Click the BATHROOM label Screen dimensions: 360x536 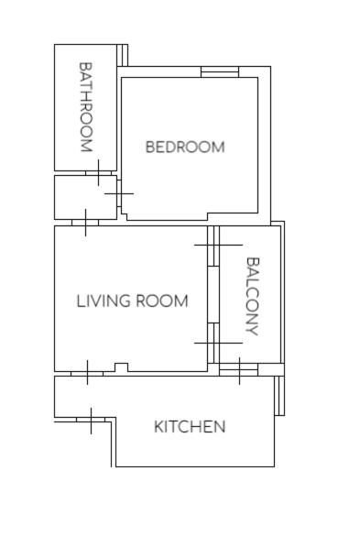click(86, 106)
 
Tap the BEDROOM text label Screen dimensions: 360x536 click(185, 147)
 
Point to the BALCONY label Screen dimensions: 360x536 click(253, 296)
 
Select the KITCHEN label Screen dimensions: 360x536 click(190, 427)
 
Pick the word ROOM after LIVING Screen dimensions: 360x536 click(162, 301)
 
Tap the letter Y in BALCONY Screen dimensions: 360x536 click(253, 330)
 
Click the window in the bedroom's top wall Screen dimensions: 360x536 click(220, 71)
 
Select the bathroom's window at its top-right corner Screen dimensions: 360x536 click(123, 55)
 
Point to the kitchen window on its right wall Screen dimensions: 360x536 click(279, 396)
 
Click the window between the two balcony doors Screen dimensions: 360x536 click(213, 295)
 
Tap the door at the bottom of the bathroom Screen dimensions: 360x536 click(98, 173)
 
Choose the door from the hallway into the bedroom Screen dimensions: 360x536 click(119, 193)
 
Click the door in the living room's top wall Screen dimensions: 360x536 click(85, 223)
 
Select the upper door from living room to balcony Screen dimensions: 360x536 click(214, 246)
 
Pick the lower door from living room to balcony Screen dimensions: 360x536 click(214, 343)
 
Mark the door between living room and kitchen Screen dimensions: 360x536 click(87, 373)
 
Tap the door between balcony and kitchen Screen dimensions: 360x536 click(239, 370)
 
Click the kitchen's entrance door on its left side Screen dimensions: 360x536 click(91, 421)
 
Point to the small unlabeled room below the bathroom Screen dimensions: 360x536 click(85, 198)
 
